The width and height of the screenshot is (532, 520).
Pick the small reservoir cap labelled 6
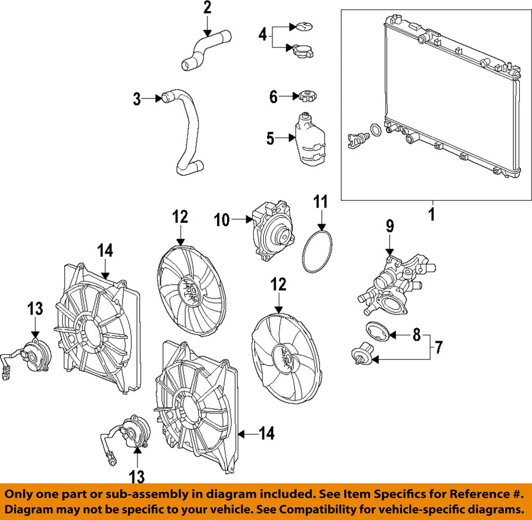(x=307, y=97)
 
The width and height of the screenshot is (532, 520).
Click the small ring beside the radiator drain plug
(x=375, y=131)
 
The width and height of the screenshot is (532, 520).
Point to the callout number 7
(x=438, y=348)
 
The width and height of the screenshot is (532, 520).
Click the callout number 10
(x=222, y=220)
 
